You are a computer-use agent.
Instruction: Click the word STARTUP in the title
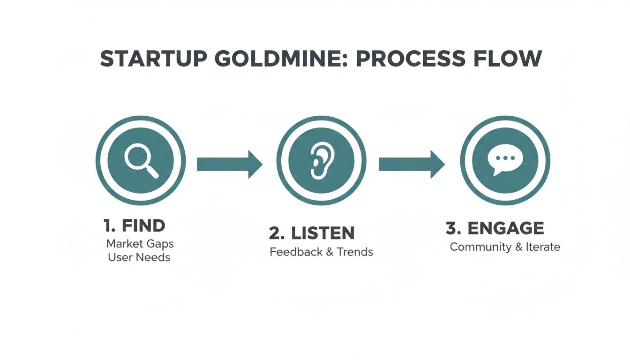(x=143, y=59)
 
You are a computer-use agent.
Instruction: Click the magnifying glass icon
(x=141, y=161)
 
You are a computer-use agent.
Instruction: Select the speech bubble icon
(x=504, y=161)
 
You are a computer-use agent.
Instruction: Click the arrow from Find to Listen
(x=229, y=164)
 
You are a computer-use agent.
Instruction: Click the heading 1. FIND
(x=134, y=225)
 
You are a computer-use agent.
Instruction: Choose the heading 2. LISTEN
(x=312, y=233)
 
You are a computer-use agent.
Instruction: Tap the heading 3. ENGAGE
(x=495, y=228)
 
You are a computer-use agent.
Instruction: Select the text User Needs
(x=139, y=257)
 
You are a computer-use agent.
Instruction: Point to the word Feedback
(x=295, y=252)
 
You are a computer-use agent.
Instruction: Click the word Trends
(x=355, y=252)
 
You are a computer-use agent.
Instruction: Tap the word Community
(x=480, y=247)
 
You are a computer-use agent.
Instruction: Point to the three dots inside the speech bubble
(x=504, y=158)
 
